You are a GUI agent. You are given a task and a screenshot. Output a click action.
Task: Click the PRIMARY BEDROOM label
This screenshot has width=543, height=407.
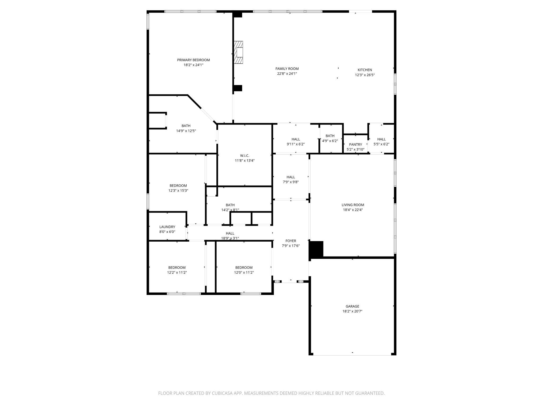tap(193, 60)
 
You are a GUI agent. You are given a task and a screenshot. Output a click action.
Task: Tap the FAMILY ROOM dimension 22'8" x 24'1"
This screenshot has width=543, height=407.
tap(287, 74)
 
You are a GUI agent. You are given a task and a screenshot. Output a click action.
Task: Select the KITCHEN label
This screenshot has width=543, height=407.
tap(365, 70)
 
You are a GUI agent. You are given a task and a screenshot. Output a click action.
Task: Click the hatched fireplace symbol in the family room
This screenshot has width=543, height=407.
tap(239, 52)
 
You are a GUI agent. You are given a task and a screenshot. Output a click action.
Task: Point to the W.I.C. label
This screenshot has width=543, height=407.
tap(244, 156)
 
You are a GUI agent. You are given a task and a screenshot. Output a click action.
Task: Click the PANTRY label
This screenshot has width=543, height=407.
tap(355, 144)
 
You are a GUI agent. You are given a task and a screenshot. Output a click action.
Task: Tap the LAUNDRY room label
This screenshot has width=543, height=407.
tap(167, 227)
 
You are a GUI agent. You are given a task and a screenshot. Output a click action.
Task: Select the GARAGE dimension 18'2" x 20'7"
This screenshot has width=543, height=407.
tap(352, 311)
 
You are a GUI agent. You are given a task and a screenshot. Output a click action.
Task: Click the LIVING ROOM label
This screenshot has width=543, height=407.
tap(353, 205)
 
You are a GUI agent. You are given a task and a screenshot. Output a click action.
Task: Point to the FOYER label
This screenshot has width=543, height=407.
tap(291, 241)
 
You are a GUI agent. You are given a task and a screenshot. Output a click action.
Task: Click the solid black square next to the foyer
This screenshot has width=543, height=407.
tap(317, 249)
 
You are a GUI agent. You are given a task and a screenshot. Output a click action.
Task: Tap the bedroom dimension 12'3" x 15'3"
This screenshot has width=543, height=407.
tap(178, 191)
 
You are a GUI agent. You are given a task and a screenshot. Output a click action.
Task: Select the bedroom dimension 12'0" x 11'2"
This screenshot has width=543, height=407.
tap(244, 272)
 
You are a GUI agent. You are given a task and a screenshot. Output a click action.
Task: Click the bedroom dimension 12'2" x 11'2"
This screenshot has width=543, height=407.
tap(177, 272)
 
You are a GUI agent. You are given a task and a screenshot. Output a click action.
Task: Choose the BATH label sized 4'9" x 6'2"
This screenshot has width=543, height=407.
tap(330, 136)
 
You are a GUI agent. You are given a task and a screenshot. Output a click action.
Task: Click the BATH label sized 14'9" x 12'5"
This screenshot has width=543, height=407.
tap(186, 126)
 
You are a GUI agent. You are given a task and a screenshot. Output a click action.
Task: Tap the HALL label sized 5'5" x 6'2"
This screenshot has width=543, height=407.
tap(381, 139)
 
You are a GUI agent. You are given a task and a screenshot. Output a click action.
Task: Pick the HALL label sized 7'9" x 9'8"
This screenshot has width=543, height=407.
tap(291, 177)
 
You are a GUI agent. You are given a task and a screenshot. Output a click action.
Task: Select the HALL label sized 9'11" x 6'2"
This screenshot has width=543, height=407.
tap(296, 139)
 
